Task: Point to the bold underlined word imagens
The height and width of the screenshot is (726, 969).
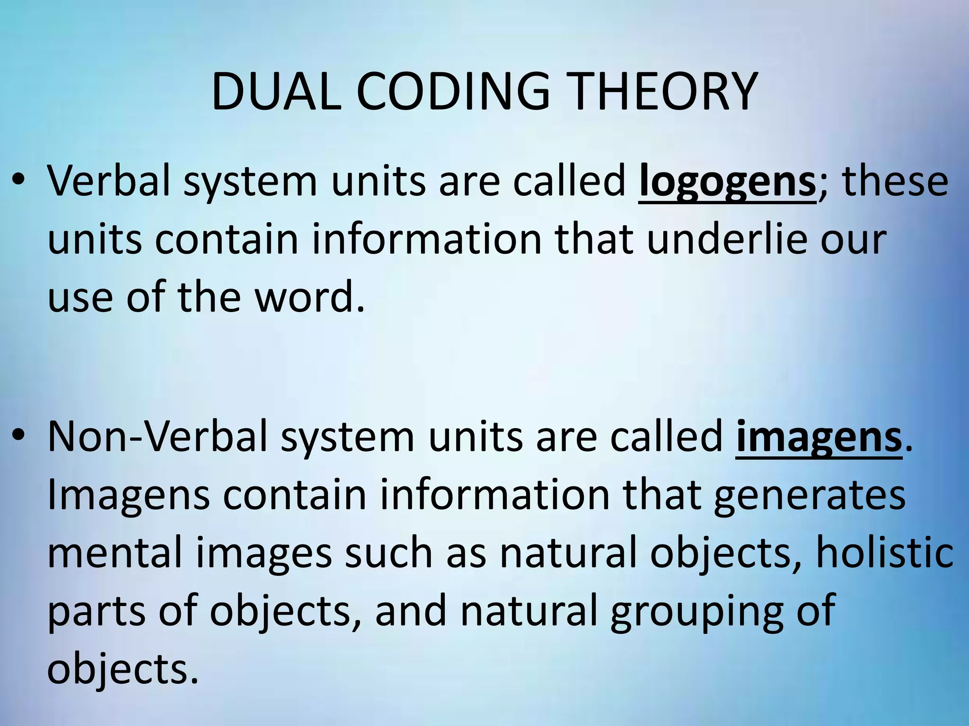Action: pos(819,438)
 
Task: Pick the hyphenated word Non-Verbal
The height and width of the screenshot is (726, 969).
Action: pos(158,438)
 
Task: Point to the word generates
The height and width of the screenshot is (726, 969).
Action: pos(810,496)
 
